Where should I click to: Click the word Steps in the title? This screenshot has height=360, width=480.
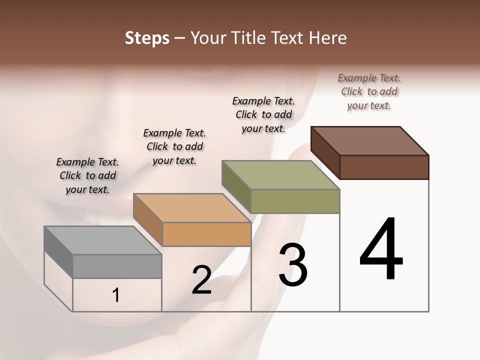click(146, 38)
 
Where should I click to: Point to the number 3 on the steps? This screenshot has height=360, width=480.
click(293, 265)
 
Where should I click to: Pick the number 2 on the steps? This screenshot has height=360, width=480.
click(201, 280)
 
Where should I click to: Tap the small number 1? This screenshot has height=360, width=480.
click(116, 295)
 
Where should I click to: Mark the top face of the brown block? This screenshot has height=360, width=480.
click(370, 140)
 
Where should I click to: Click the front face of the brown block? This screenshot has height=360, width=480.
click(384, 167)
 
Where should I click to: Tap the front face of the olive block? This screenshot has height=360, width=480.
click(295, 201)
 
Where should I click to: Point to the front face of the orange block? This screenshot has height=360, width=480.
click(206, 234)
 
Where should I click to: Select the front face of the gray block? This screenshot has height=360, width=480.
click(117, 266)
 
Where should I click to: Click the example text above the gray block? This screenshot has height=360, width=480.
click(87, 175)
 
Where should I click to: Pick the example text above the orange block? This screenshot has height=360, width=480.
click(174, 146)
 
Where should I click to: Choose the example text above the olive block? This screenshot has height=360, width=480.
click(263, 114)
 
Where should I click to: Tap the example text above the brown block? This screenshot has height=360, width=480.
click(369, 91)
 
